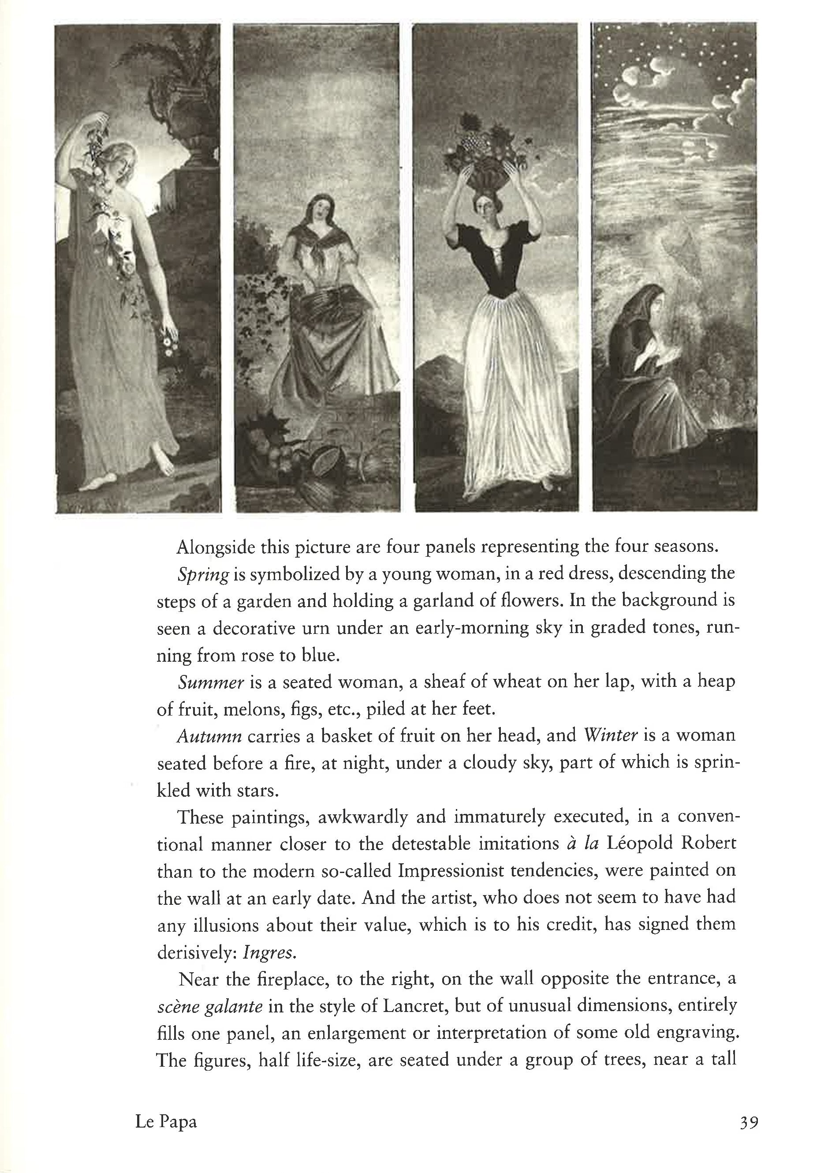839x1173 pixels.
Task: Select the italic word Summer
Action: (x=210, y=682)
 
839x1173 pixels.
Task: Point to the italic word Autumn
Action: (x=209, y=736)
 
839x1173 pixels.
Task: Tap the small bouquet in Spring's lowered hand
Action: (x=169, y=344)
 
